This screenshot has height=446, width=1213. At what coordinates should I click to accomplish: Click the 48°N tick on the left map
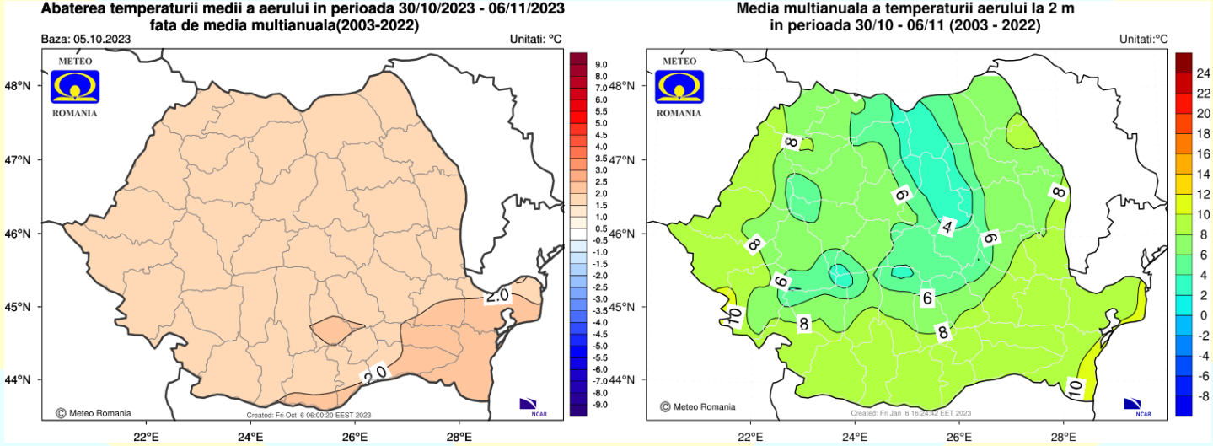[x=19, y=86]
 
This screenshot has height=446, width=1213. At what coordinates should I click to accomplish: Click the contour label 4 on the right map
[x=947, y=227]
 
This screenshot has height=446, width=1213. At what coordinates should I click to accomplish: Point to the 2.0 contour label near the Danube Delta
[x=497, y=297]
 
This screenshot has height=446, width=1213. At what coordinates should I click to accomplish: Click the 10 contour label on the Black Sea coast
[x=1076, y=387]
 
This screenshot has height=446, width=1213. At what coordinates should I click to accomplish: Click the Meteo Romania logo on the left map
[x=75, y=87]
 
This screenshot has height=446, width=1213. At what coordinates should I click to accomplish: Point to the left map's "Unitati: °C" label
[x=535, y=40]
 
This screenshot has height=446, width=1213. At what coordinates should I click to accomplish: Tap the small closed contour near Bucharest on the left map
[x=336, y=329]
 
